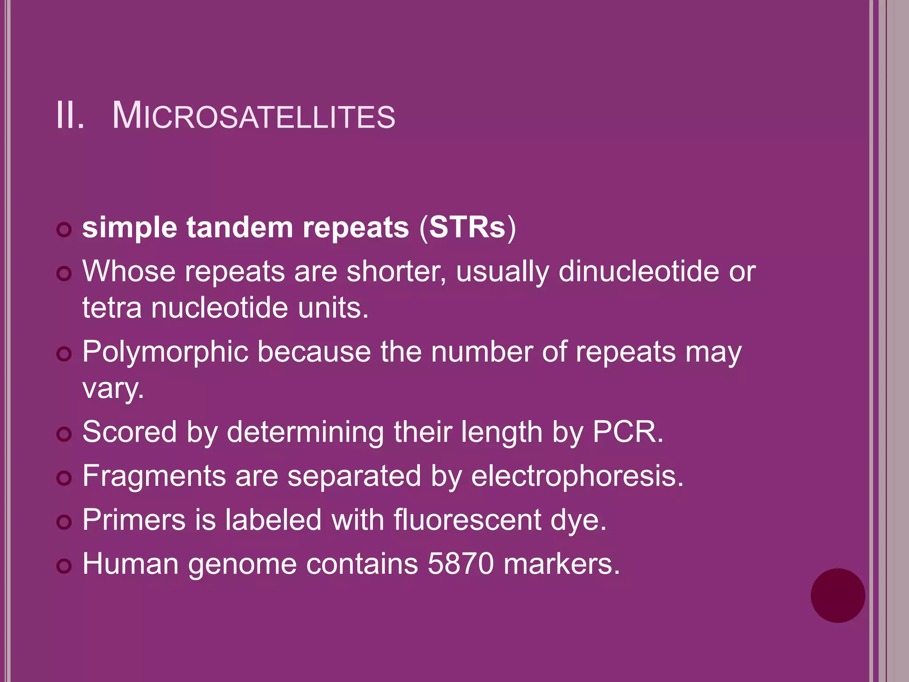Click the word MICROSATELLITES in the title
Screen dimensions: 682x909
tap(253, 116)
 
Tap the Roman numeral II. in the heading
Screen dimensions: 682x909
tap(70, 116)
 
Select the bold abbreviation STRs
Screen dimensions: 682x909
tap(467, 227)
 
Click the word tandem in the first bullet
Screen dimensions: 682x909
tap(240, 227)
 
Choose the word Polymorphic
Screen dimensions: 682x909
tap(165, 352)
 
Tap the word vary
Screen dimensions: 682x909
tap(113, 389)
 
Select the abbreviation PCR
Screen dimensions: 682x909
tap(627, 432)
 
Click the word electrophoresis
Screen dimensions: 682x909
tap(577, 476)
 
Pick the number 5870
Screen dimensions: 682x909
tap(460, 564)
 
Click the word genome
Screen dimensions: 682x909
tap(242, 565)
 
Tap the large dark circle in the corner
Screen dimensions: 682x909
tap(838, 595)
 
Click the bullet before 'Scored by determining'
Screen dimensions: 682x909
tap(64, 434)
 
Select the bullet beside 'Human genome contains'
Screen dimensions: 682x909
tap(64, 566)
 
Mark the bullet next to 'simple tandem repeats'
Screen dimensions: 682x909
tap(64, 230)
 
